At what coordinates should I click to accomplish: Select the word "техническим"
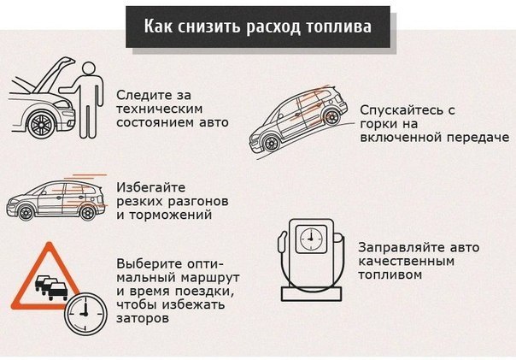[159, 109]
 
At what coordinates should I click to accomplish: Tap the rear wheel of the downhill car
[331, 117]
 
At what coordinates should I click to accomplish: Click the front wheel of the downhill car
[272, 143]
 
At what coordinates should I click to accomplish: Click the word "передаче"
[478, 138]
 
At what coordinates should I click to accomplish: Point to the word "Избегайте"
[151, 188]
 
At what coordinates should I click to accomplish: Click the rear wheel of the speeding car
[87, 213]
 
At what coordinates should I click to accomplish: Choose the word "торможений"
[170, 215]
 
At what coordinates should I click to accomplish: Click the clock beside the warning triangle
[85, 314]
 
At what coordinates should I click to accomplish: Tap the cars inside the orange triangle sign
[51, 287]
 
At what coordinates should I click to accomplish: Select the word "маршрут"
[209, 278]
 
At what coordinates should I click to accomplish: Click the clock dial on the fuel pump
[311, 239]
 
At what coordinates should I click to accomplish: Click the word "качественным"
[406, 262]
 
